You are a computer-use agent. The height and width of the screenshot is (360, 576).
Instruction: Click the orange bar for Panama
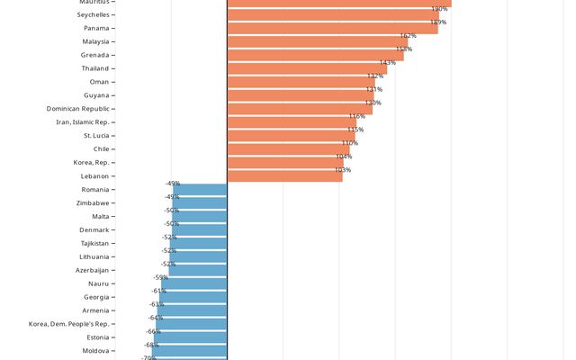coord(332,28)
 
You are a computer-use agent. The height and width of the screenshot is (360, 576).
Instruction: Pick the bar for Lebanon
coord(284,176)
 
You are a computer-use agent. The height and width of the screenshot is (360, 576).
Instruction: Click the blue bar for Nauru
coord(193,284)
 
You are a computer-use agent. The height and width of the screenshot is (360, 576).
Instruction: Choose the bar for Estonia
coord(190,337)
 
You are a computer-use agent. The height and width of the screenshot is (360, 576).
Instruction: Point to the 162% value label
coord(408,36)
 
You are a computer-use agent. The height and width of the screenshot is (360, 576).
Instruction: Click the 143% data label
coord(387,63)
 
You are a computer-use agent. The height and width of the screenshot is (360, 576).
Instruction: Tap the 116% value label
coord(357,116)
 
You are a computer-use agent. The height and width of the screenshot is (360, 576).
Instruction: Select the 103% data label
coord(342,170)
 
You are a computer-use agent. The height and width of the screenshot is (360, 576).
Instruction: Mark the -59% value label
coord(160,278)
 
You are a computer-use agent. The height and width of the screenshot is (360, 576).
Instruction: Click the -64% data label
coord(156,318)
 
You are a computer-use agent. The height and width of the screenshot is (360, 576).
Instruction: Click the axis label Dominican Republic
coord(78,109)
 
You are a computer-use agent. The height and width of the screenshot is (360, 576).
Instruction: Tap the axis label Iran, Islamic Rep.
coord(83,122)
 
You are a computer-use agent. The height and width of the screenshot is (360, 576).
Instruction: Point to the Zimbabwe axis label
coord(93,203)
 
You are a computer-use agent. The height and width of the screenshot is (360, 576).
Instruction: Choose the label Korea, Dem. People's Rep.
coord(69,324)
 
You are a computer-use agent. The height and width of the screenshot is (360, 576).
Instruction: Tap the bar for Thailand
coord(307,68)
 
